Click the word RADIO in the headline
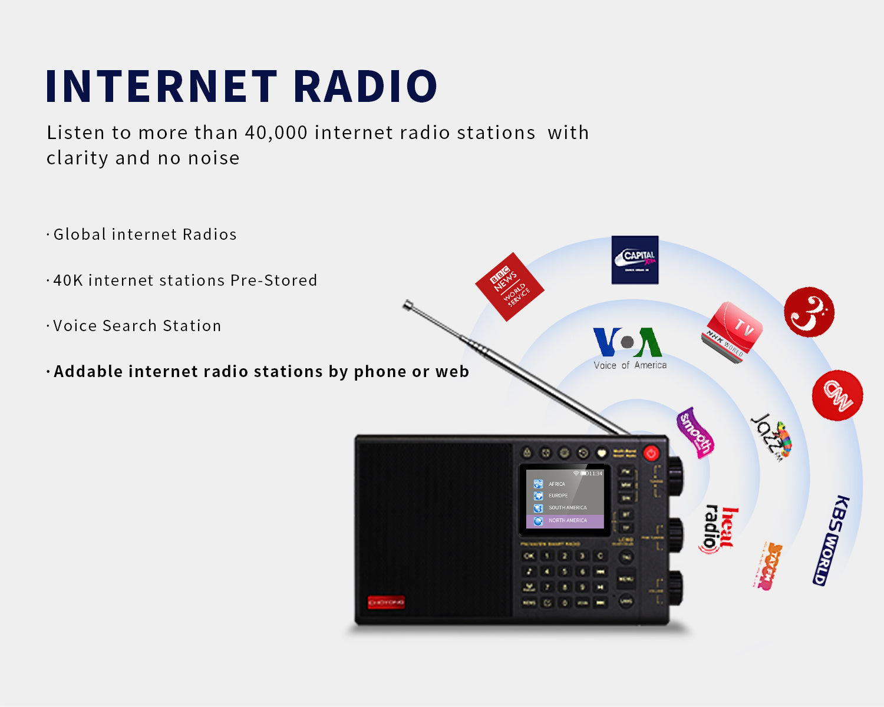(x=365, y=86)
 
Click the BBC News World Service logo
(x=509, y=287)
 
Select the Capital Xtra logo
(x=635, y=260)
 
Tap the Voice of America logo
(x=629, y=348)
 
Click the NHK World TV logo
(x=731, y=332)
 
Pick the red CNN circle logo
(x=837, y=395)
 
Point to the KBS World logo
(x=831, y=540)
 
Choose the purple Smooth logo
(x=695, y=432)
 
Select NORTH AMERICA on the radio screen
(x=568, y=521)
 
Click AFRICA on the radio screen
(x=556, y=484)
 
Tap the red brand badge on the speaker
(x=386, y=602)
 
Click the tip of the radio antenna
(x=407, y=305)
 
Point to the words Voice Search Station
(x=137, y=326)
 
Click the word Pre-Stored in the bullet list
(x=273, y=280)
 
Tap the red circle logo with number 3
(x=809, y=312)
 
